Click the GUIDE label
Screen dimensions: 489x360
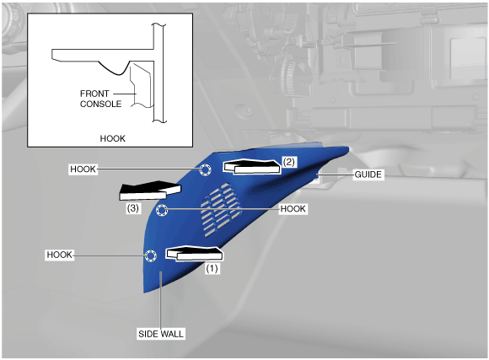[368, 175]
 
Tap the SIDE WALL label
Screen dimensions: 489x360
[161, 334]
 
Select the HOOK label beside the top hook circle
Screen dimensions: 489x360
[83, 169]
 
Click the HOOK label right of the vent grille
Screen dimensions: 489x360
[293, 209]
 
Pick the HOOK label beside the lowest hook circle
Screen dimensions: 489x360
[60, 255]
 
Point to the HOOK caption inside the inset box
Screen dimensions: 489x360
[113, 138]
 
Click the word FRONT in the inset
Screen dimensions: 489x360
[94, 94]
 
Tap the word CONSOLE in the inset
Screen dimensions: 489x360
[100, 104]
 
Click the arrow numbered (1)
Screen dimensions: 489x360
[194, 253]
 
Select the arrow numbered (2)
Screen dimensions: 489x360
[252, 167]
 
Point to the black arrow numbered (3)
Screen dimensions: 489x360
[150, 191]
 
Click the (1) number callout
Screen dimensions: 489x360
[212, 269]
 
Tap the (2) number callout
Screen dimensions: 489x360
[288, 162]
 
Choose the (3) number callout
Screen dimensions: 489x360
[133, 208]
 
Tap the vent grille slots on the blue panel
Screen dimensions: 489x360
[221, 209]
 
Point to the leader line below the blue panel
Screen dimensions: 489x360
[160, 299]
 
